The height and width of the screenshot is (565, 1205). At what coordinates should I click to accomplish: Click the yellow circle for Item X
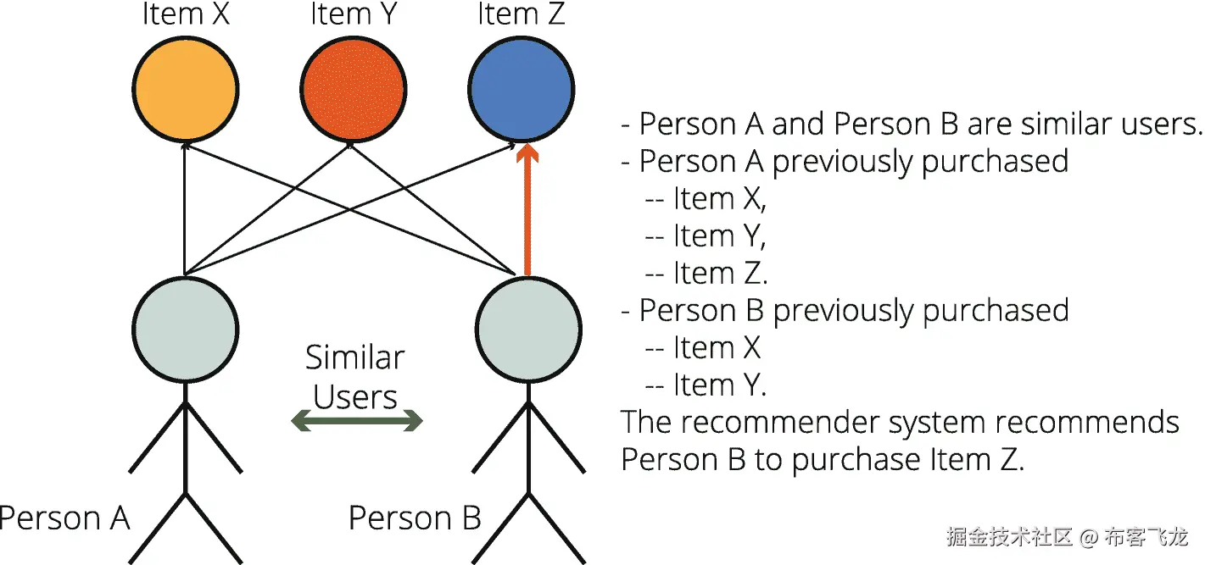point(186,88)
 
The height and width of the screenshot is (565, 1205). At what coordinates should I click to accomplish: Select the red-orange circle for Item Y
point(353,88)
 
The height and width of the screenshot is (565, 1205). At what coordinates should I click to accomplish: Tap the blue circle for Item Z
point(522,88)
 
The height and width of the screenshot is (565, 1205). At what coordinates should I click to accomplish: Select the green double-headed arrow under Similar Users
point(357,420)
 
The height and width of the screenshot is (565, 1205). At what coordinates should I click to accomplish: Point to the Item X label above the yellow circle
point(186,14)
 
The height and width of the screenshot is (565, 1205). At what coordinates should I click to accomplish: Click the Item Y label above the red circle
point(354,14)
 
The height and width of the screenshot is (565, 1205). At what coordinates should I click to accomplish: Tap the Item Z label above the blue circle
point(521,14)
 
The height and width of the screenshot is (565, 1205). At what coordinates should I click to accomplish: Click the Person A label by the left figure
point(64,518)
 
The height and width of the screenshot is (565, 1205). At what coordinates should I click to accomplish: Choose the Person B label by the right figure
point(415,518)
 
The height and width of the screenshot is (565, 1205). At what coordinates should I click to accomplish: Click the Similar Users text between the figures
point(355,378)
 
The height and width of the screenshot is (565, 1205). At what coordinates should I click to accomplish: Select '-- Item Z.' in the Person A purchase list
point(706,273)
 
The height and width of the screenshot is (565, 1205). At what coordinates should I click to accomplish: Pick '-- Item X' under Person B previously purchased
point(703,347)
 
